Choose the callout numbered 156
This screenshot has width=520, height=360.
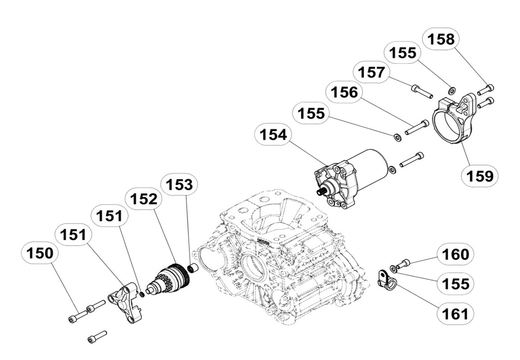click(344, 93)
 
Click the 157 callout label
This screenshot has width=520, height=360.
click(371, 72)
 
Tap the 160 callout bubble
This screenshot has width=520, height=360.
click(455, 255)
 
